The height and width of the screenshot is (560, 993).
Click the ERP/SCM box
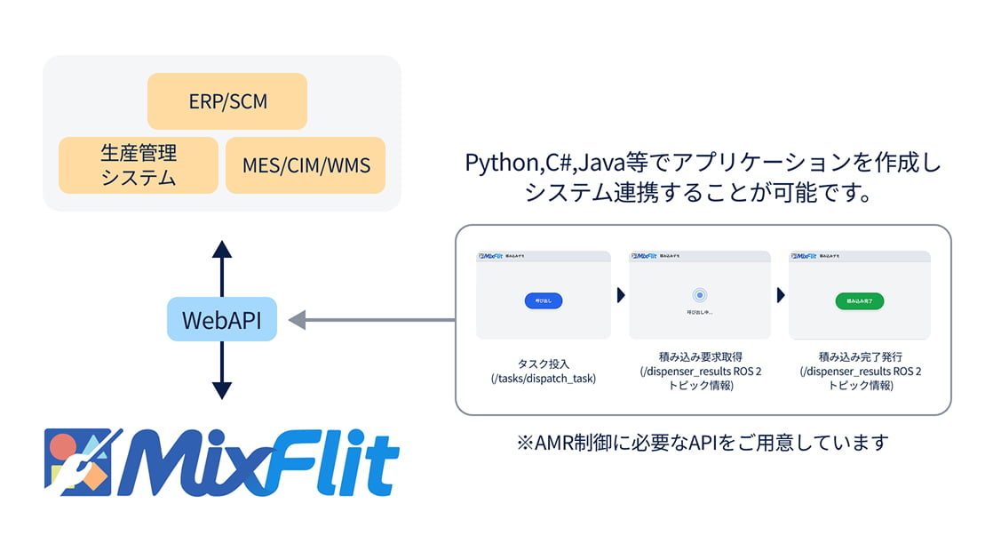pos(227,101)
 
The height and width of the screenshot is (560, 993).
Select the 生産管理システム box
pos(138,165)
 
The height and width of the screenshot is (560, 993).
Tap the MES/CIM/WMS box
pos(306,165)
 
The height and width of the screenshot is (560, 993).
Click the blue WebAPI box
pos(221,320)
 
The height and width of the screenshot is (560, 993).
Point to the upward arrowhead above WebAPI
pos(222,249)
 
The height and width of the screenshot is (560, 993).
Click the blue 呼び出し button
pos(543,300)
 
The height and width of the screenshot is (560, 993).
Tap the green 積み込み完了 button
pos(859,300)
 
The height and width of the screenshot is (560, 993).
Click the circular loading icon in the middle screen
pos(700,295)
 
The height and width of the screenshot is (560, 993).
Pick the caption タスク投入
pos(543,364)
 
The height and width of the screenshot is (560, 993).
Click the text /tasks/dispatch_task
pos(543,379)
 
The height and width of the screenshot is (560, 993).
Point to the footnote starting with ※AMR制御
pos(703,442)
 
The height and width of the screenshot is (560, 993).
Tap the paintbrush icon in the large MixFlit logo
pos(89,459)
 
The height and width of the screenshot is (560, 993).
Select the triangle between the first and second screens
pos(621,296)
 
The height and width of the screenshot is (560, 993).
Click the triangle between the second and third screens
pos(780,296)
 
